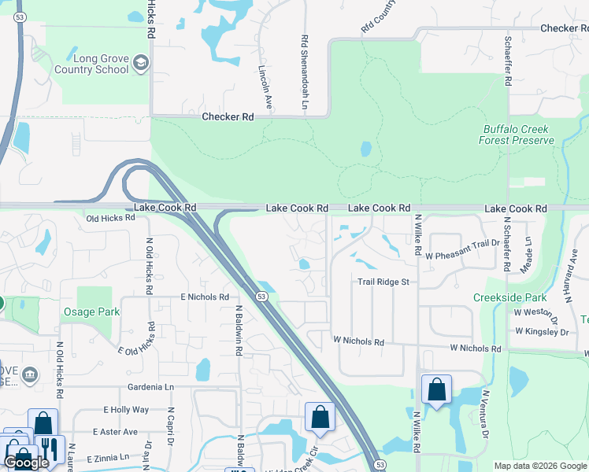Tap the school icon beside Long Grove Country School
pos(142,63)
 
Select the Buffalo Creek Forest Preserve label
pos(517,135)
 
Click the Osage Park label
pos(91,312)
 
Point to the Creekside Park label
pos(509,298)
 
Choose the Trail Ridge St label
pos(384,281)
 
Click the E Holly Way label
pos(126,410)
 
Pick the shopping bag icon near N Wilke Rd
pos(436,389)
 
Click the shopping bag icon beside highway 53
pos(320,417)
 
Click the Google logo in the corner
pos(26,463)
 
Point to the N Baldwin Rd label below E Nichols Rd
pos(237,330)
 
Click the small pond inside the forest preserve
pos(365,149)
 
